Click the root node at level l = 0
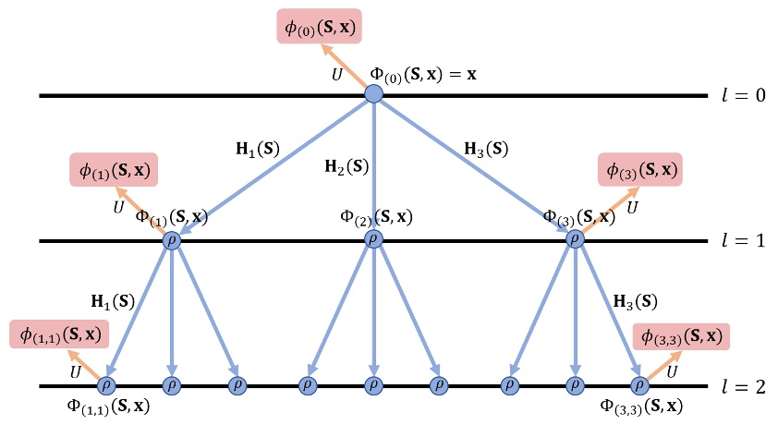(x=373, y=93)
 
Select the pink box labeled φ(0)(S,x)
(x=319, y=27)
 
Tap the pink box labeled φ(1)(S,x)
(x=112, y=171)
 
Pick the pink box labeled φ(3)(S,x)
(x=641, y=170)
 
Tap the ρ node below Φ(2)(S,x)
(x=373, y=240)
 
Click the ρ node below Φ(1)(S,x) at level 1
(x=172, y=240)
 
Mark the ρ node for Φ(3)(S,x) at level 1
(x=575, y=240)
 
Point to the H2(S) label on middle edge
(x=346, y=168)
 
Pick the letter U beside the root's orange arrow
(x=337, y=74)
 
